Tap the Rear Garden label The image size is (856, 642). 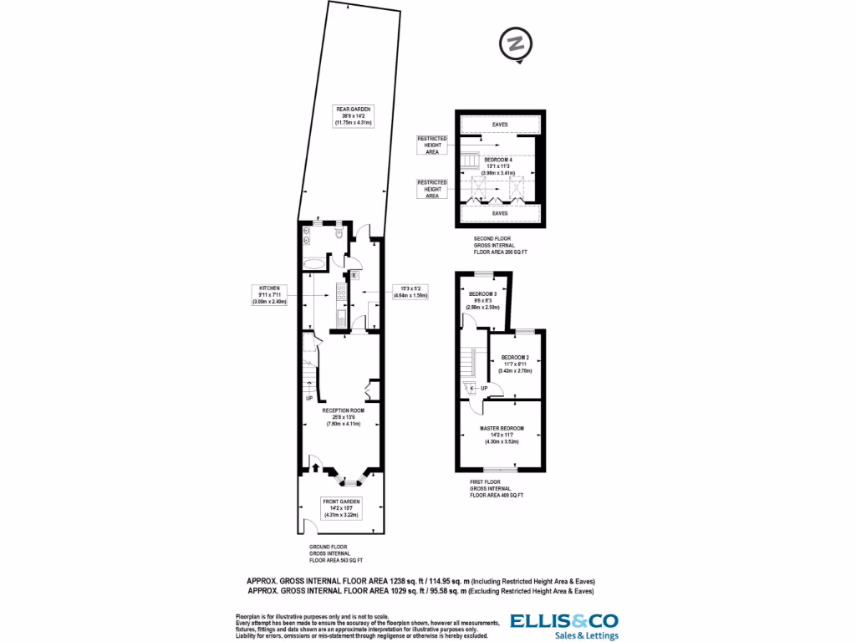click(353, 115)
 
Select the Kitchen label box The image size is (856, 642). click(269, 294)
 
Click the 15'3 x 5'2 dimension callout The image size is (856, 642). click(410, 292)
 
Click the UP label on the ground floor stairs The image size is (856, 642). click(309, 397)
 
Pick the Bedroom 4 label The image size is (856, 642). click(498, 166)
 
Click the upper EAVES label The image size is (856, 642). click(500, 125)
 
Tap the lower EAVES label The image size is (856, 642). click(500, 214)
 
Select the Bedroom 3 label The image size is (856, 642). click(482, 300)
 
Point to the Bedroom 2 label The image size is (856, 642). click(516, 364)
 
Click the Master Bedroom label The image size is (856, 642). click(502, 436)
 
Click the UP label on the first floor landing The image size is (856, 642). click(484, 388)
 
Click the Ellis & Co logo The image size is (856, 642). click(564, 626)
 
